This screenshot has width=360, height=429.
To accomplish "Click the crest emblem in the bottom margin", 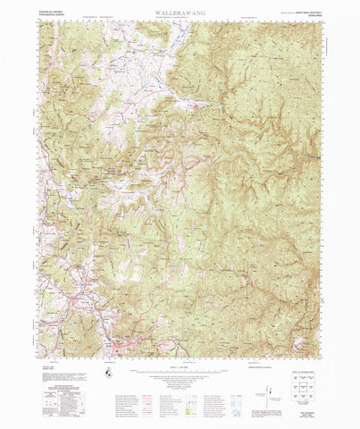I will [x=107, y=372].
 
